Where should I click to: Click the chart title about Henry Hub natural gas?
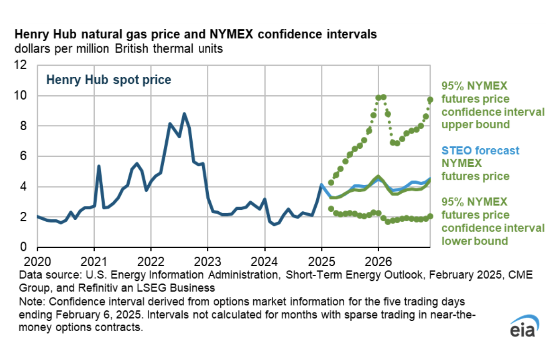point(196,35)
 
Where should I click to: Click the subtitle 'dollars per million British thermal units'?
point(118,48)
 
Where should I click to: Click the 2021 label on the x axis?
point(94,260)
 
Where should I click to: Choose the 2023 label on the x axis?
point(207,260)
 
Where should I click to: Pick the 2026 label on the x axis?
point(378,260)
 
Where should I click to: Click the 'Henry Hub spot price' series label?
point(108,80)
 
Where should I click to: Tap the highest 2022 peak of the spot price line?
point(184,114)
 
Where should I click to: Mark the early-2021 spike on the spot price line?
point(98,166)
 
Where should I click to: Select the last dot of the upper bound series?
point(430,100)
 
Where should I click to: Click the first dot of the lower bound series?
point(331,208)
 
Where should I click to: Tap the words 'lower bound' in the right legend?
point(475,241)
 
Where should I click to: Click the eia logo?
point(521,328)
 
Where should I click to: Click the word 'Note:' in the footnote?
point(30,301)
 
